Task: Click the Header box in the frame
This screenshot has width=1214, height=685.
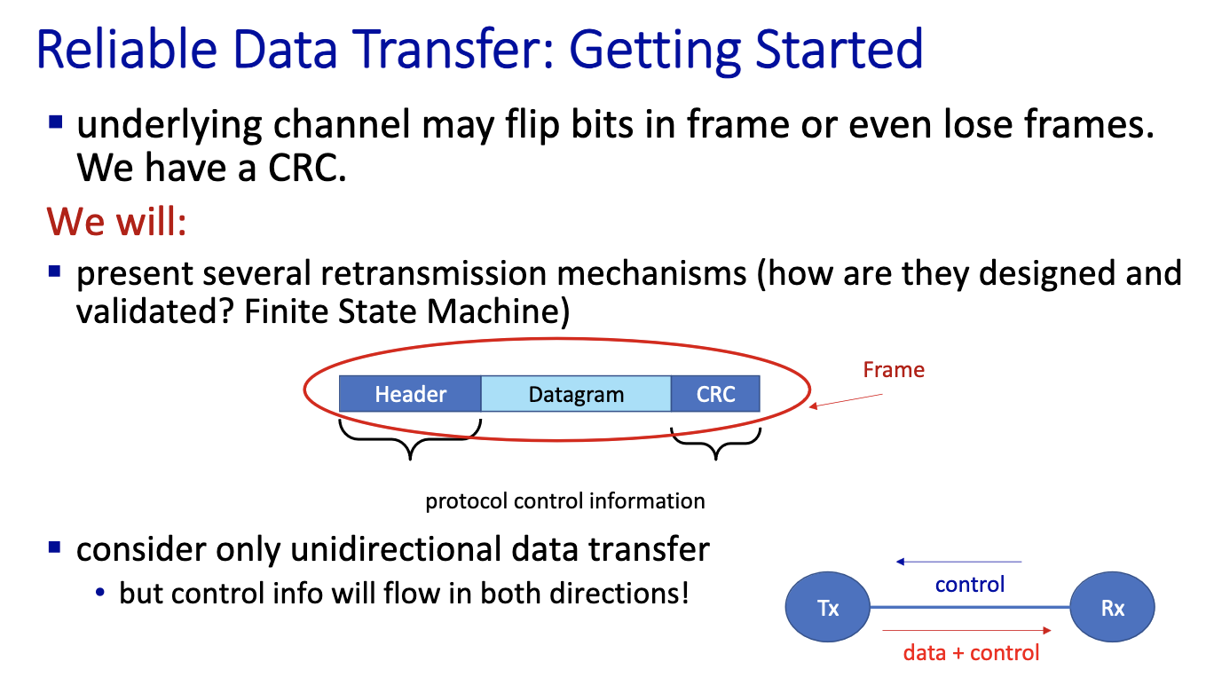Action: pos(410,394)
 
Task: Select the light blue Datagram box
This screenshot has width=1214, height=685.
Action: pos(576,394)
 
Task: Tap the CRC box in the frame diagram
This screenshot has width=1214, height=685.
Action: pos(715,394)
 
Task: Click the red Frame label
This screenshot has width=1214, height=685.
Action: pos(894,370)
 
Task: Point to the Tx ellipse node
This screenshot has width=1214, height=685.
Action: pos(828,608)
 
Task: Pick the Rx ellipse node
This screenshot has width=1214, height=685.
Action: pos(1113,608)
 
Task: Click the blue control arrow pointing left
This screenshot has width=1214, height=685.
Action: pos(958,562)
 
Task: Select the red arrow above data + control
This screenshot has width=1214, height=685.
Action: pos(967,630)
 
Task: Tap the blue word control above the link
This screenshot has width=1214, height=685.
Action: pos(970,585)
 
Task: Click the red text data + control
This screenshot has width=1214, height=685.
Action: pos(971,653)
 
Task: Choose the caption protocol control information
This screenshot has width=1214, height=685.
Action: pos(565,501)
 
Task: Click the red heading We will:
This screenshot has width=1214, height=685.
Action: pos(117,222)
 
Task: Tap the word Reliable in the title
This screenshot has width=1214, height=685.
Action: pos(127,50)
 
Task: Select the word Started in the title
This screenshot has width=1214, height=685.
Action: pos(840,50)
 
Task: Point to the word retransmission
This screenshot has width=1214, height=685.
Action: pos(434,272)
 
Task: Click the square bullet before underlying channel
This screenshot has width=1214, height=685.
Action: pos(55,122)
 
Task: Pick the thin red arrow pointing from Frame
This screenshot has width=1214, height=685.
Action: pos(846,401)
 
